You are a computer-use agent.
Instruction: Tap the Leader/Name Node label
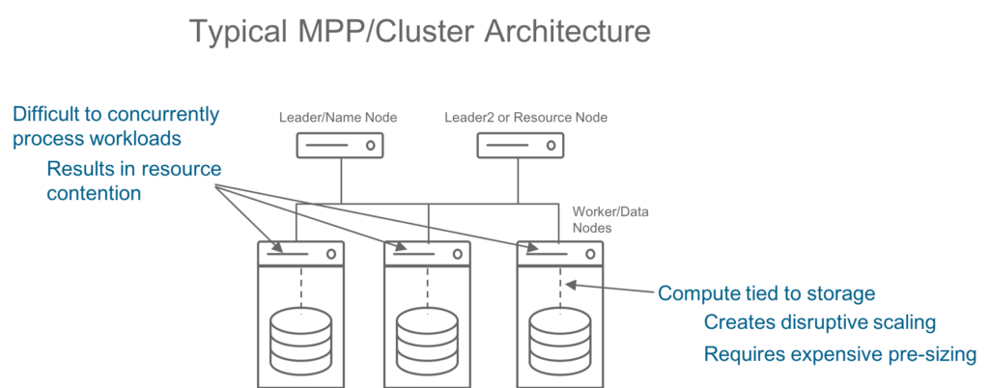tap(338, 118)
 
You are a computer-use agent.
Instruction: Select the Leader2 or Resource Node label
tap(525, 118)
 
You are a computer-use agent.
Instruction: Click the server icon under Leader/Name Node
tap(338, 147)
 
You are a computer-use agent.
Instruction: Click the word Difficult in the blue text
tap(48, 115)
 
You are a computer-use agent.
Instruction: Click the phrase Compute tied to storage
tap(767, 292)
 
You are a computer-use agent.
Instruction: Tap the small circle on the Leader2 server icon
tap(551, 147)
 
